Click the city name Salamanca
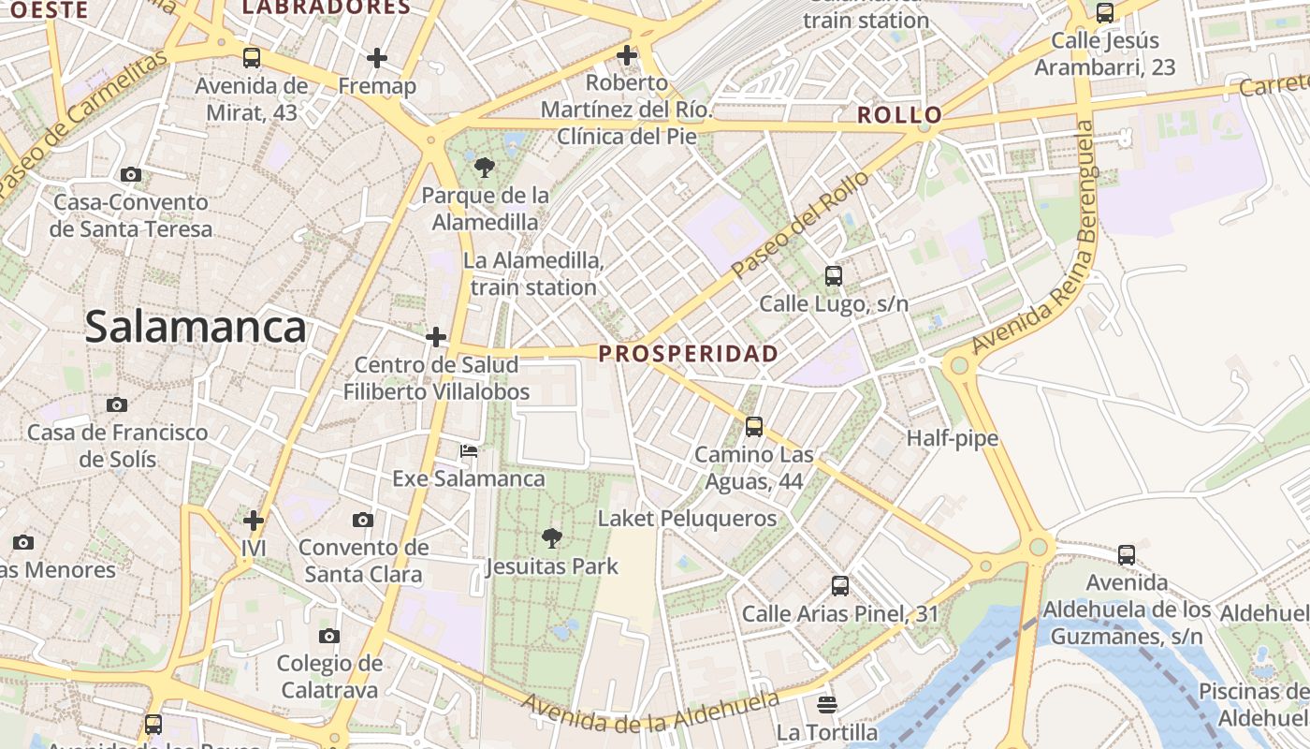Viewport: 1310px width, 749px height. coord(196,328)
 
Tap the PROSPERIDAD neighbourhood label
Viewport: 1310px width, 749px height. coord(689,354)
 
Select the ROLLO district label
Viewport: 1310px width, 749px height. coord(900,116)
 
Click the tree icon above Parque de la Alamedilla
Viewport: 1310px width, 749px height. coord(485,169)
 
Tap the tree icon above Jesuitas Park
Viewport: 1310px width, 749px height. coord(552,537)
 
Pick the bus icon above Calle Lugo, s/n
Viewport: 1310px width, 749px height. coord(834,276)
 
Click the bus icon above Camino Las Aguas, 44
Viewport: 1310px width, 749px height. coord(754,427)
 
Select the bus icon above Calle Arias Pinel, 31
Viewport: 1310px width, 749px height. coord(840,587)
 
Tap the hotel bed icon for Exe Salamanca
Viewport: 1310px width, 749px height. coord(469,451)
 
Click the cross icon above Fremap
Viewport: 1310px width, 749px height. coord(377,58)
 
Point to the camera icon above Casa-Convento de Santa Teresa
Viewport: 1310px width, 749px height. coord(131,174)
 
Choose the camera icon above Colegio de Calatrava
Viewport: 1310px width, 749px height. coord(328,637)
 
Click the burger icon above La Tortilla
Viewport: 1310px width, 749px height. coord(826,704)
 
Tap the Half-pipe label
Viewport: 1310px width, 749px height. coord(953,438)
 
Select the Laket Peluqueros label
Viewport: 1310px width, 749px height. coord(688,519)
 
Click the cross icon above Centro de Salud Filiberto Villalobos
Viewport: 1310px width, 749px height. coord(436,337)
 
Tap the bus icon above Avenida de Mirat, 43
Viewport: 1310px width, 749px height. coord(252,58)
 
